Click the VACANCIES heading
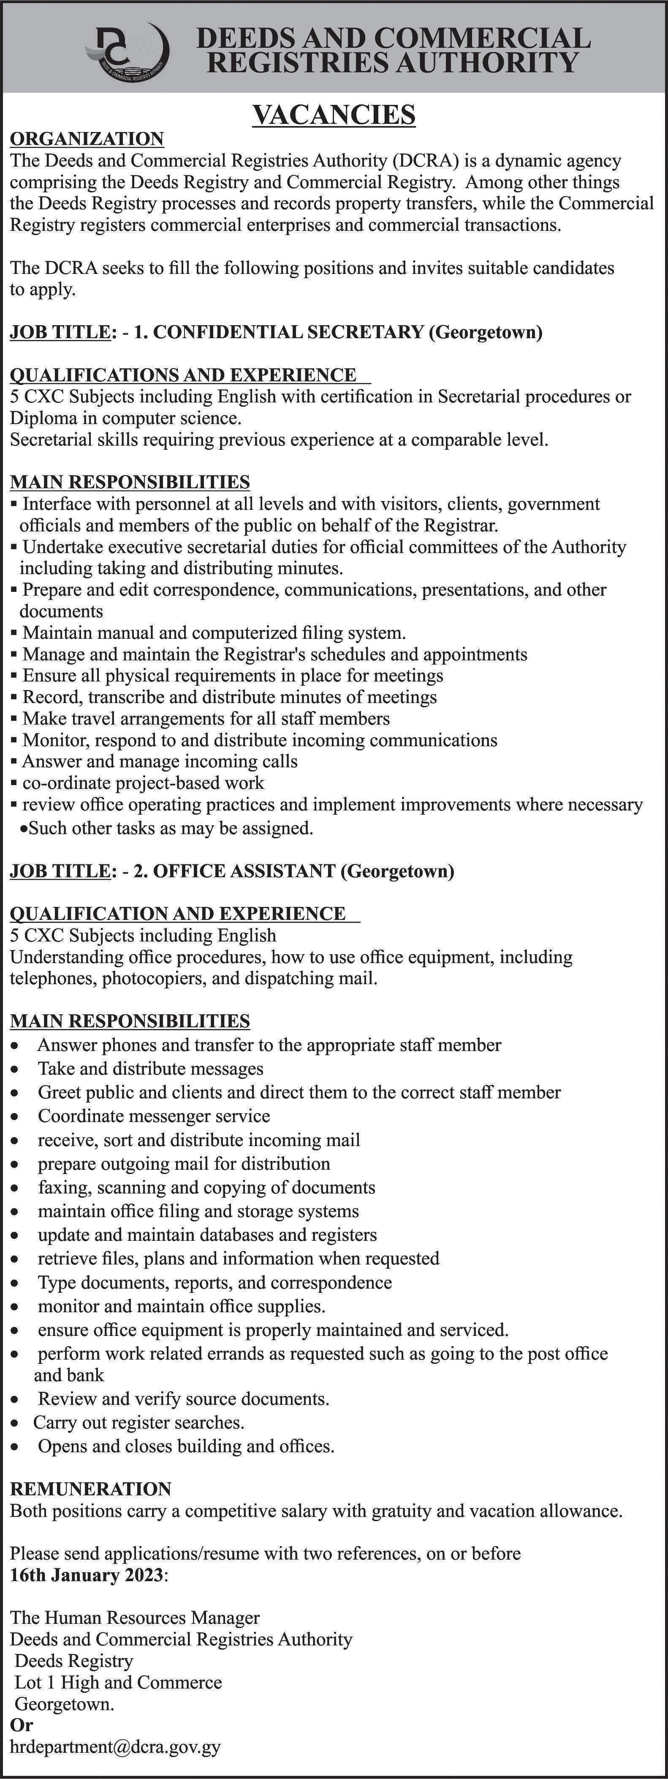334,114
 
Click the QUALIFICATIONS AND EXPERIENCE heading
183,375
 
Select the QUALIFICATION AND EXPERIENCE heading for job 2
178,914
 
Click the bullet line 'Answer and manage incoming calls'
160,762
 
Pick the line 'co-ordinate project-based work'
143,783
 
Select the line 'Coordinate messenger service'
154,1116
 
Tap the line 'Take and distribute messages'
150,1069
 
